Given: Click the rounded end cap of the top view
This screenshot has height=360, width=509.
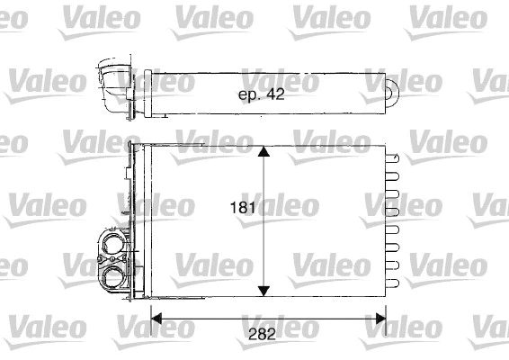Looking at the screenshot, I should pos(394,91).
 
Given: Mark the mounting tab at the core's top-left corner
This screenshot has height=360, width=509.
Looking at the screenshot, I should pos(133,147).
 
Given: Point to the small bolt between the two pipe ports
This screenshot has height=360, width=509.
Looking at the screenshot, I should pos(100,260).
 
